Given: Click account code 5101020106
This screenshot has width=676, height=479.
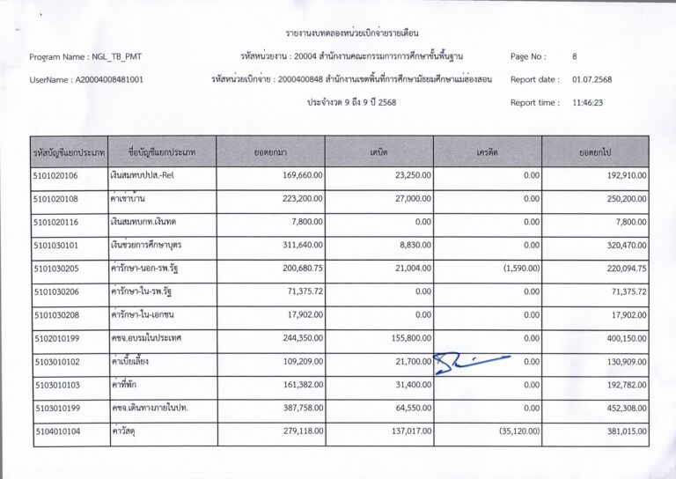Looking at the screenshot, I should coord(56,176).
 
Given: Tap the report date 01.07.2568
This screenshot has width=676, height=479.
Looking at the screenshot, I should coord(591,79).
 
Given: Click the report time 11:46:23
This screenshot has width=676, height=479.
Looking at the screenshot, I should coord(588,102).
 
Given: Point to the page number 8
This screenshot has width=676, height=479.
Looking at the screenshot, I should coord(575,56).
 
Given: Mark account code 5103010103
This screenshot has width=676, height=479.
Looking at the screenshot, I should coord(56,385).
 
